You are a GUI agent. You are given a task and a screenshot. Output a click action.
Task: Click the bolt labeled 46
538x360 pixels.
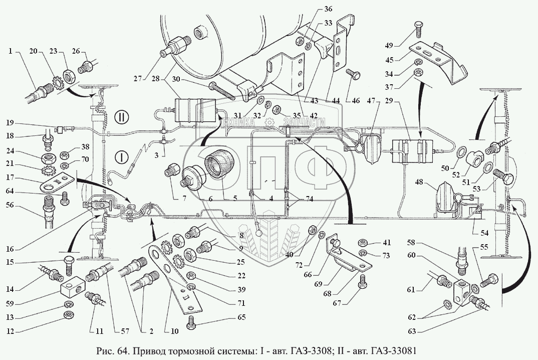tap(352, 75)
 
